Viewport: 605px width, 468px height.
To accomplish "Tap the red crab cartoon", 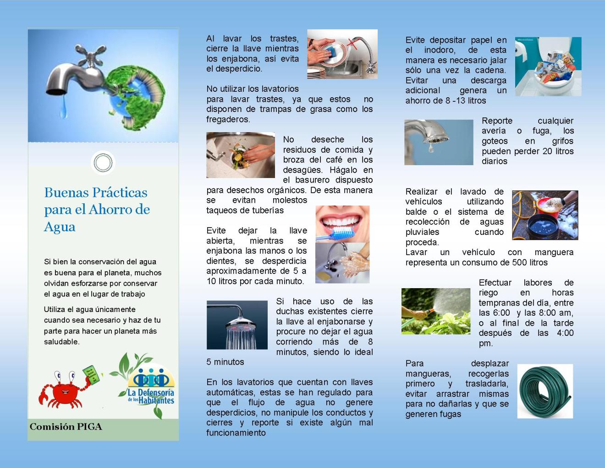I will [65, 389].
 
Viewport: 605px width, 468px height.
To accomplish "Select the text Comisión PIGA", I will [66, 427].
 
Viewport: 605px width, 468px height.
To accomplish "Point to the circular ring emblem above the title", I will [103, 162].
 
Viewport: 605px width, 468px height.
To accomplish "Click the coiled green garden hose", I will [545, 391].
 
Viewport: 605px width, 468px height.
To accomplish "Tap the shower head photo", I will [237, 324].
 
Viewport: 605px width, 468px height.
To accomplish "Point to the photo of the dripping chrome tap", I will [438, 142].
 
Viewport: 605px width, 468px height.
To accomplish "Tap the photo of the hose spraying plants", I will [435, 311].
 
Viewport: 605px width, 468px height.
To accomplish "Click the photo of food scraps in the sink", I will [240, 155].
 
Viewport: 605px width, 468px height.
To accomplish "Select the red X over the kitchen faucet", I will [352, 44].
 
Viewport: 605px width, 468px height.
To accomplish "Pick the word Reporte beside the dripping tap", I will [497, 121].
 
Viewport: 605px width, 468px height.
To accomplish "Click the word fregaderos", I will [228, 119].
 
